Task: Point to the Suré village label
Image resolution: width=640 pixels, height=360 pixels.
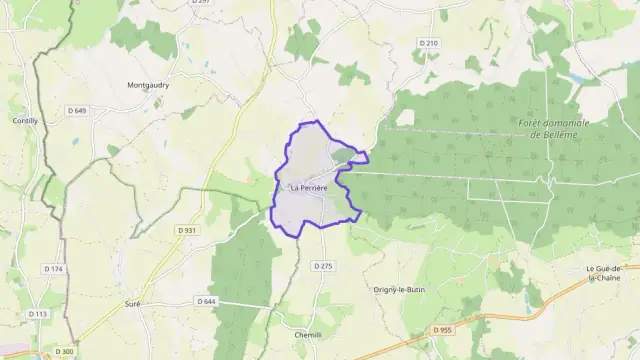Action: click(x=132, y=302)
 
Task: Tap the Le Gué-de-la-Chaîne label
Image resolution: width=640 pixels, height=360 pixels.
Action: click(x=612, y=273)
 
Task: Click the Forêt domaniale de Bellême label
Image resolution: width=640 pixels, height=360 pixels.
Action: click(x=554, y=128)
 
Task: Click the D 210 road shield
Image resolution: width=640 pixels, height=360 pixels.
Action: click(x=429, y=43)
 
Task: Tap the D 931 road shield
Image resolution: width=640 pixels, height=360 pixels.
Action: click(x=186, y=230)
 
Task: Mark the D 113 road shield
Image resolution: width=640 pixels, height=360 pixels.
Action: click(x=37, y=314)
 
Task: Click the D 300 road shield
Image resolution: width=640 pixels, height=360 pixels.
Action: click(x=65, y=351)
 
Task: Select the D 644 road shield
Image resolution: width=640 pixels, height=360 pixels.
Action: click(x=206, y=300)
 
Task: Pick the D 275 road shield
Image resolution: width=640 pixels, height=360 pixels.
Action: click(x=321, y=265)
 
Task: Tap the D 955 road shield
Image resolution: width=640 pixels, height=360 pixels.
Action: click(x=444, y=329)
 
